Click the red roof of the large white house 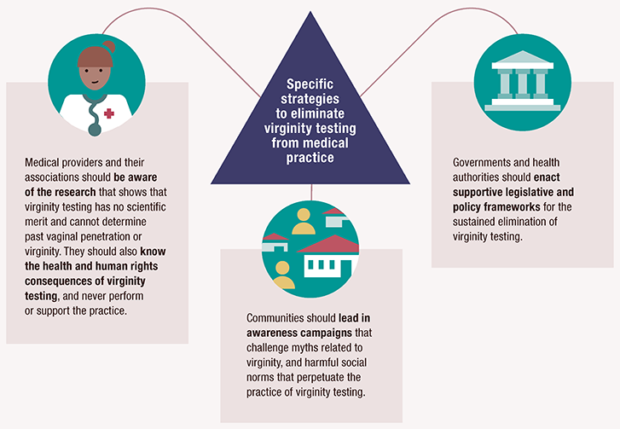[x=325, y=247]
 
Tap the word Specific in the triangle [x=310, y=83]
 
